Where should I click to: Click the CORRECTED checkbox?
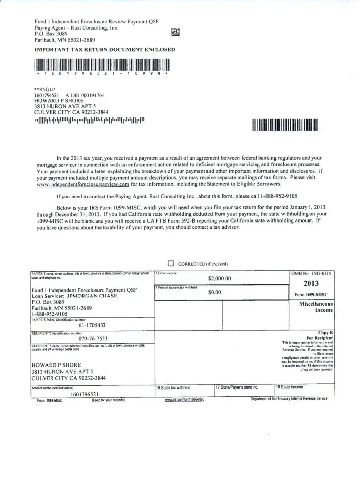tap(171, 264)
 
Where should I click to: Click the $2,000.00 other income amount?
tap(220, 278)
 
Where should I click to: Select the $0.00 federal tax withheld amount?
tap(214, 292)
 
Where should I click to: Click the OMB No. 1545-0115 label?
tap(311, 273)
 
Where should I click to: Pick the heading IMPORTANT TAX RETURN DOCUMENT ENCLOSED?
tap(104, 49)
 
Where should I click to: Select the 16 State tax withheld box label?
tap(173, 388)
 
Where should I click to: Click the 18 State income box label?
tap(289, 387)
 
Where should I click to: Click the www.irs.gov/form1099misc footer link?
tap(184, 400)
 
